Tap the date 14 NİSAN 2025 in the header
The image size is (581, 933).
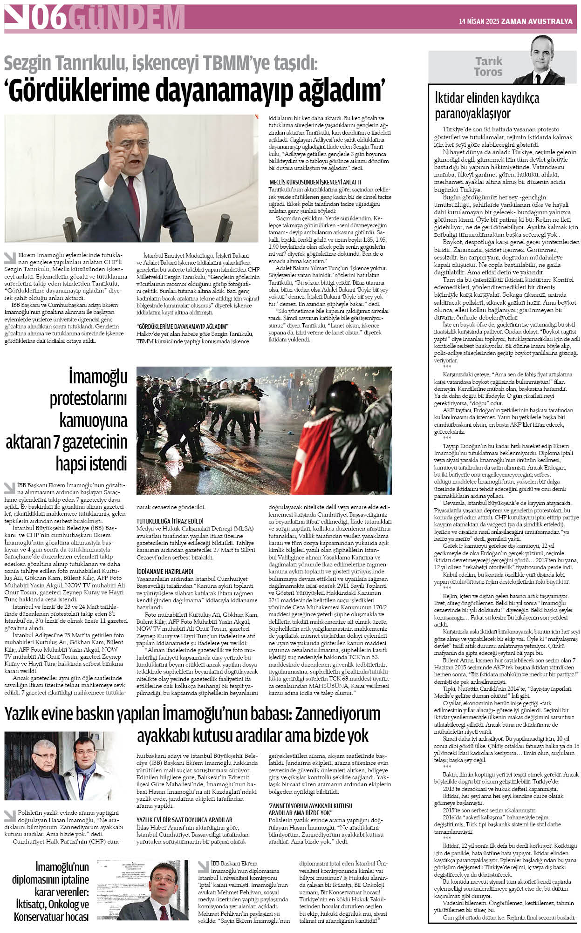click(x=480, y=21)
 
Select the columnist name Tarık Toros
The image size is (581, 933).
click(x=488, y=67)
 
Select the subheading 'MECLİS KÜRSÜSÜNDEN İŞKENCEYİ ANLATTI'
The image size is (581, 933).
click(x=315, y=182)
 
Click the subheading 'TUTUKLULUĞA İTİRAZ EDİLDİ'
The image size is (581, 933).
click(x=170, y=521)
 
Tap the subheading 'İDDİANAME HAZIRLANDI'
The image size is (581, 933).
click(x=164, y=571)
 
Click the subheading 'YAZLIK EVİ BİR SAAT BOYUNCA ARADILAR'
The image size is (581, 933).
click(x=184, y=819)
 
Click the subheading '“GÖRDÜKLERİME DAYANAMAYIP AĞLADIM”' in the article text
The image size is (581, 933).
click(x=181, y=326)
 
